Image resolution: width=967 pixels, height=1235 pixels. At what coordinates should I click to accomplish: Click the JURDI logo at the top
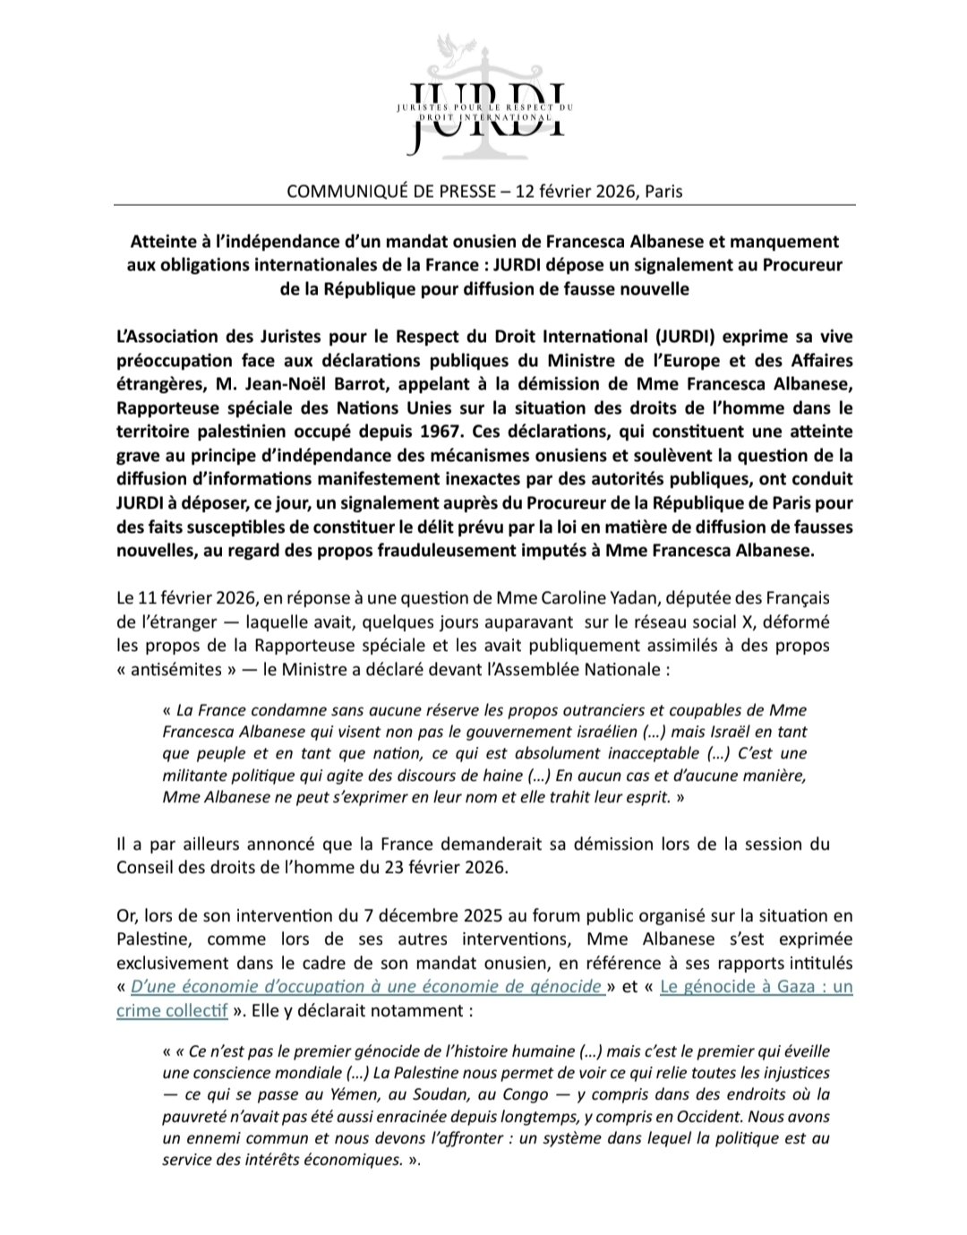click(483, 99)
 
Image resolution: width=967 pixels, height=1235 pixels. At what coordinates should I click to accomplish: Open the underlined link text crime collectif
click(172, 1009)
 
